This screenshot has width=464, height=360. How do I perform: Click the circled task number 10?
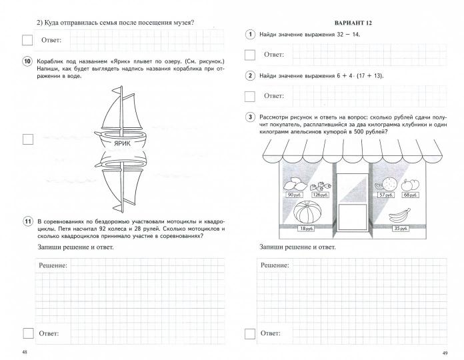pos(27,62)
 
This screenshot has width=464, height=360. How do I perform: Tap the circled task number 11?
pos(27,221)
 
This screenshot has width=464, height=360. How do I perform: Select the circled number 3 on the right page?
pos(250,117)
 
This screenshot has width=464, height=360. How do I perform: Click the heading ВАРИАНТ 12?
pos(353,23)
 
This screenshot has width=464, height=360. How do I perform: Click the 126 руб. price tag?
pos(320,195)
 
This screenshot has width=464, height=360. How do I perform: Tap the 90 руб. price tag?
pos(292,195)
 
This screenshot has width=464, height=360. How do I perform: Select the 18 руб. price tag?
pos(305,229)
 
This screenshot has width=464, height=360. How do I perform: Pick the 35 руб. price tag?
pos(401,229)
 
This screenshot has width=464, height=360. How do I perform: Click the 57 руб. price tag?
pos(383,195)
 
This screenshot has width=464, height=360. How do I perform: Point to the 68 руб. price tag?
pos(411,195)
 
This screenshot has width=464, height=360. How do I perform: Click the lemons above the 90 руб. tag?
pos(292,185)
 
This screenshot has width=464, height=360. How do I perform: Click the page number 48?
pos(25,351)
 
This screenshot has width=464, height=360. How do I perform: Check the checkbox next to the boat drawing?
pos(27,139)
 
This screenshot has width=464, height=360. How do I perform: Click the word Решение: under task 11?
pos(53,265)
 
